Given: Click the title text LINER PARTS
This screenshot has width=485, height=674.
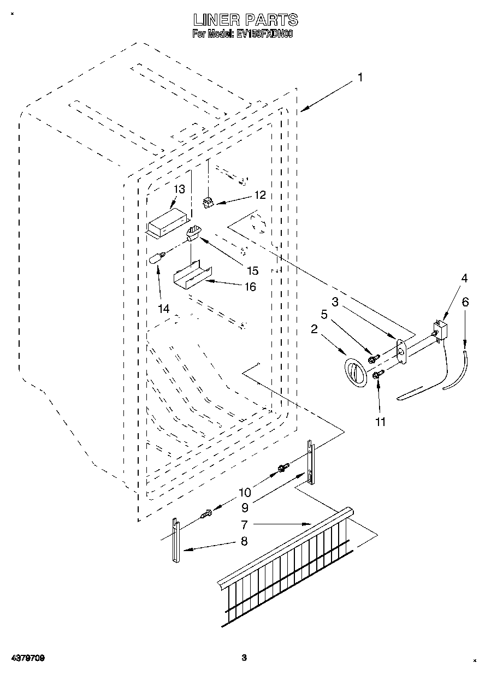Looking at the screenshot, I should [x=246, y=20].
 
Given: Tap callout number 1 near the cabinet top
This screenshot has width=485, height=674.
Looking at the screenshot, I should [x=359, y=78].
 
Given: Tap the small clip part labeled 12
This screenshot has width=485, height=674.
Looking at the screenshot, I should [x=207, y=203].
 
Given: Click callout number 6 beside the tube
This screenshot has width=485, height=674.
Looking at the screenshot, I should [x=465, y=301].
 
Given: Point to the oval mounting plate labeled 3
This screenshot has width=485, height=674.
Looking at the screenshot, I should [x=402, y=351].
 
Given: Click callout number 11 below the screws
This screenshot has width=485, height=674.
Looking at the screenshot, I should [x=381, y=421].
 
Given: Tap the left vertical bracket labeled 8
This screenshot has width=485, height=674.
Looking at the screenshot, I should [x=175, y=542].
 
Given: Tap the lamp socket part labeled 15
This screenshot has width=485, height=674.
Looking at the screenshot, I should [x=193, y=233].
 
